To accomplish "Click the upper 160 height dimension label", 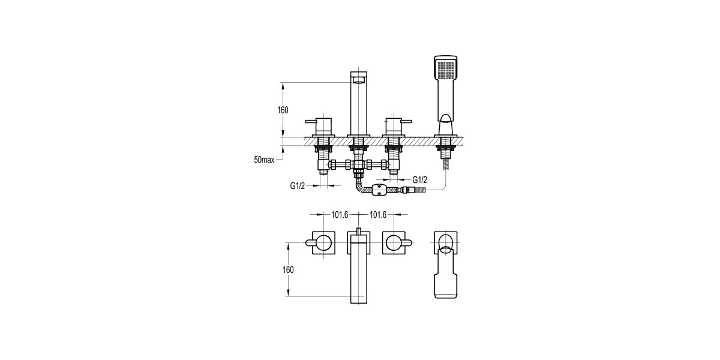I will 283,110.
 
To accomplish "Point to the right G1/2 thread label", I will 419,180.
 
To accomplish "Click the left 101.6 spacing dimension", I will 340,215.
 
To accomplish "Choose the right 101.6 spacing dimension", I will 377,215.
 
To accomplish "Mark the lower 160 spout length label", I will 287,269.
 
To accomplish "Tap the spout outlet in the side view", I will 358,80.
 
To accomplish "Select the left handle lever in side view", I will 312,122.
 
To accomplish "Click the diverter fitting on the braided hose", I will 379,191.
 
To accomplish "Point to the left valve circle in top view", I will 324,243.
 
